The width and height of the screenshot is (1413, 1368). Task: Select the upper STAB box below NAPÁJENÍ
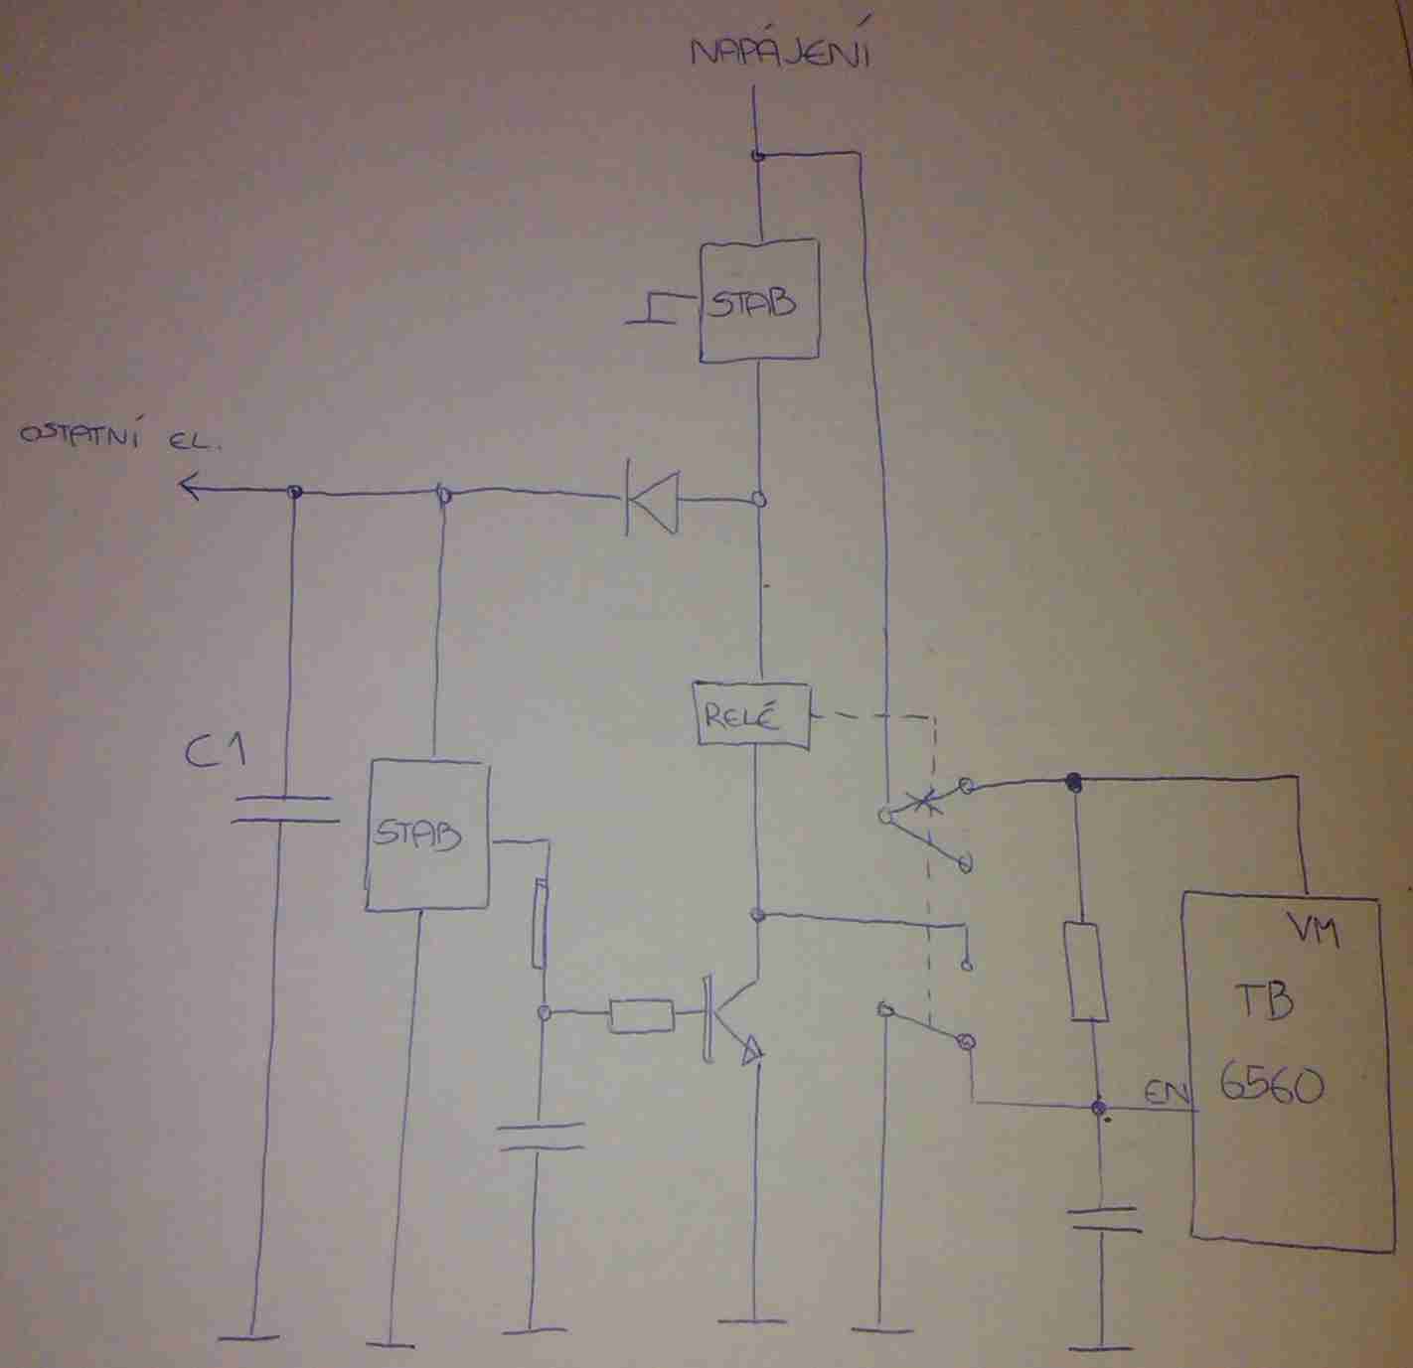759,301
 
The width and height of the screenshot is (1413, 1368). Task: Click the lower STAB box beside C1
427,836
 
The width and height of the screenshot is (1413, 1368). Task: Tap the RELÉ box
752,715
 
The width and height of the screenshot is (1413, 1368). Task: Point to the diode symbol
652,502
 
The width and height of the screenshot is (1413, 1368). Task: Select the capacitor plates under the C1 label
284,809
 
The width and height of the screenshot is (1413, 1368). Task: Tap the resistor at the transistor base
641,1016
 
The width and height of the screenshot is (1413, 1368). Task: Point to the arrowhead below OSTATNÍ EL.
190,487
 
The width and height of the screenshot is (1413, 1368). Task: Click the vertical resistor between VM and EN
1085,973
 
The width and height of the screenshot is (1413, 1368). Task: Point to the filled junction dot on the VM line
1072,782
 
